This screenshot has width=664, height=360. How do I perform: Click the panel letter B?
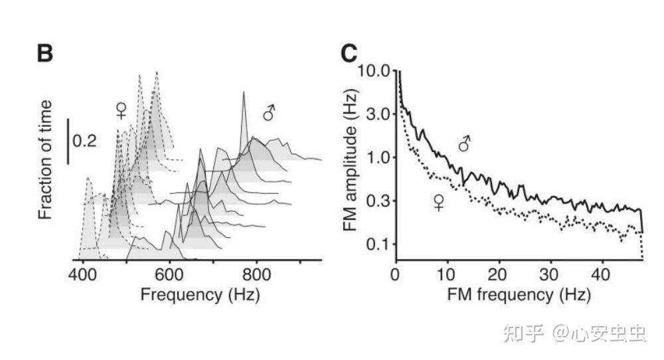(x=45, y=54)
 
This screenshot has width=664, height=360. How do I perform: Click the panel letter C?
(x=350, y=54)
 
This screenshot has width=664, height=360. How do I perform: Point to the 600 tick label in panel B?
(x=170, y=274)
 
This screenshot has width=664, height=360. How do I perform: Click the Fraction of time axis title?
(x=45, y=160)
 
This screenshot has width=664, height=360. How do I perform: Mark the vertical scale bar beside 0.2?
(x=68, y=141)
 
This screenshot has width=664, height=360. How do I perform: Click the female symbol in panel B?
(x=121, y=110)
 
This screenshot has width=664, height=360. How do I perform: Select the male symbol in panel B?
(x=269, y=114)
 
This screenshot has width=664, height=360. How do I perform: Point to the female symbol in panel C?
(x=439, y=203)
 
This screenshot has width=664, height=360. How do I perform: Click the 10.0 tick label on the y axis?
(x=376, y=70)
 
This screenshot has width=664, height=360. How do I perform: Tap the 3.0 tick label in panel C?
(x=380, y=114)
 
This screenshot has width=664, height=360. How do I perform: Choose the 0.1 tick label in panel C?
(x=380, y=244)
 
